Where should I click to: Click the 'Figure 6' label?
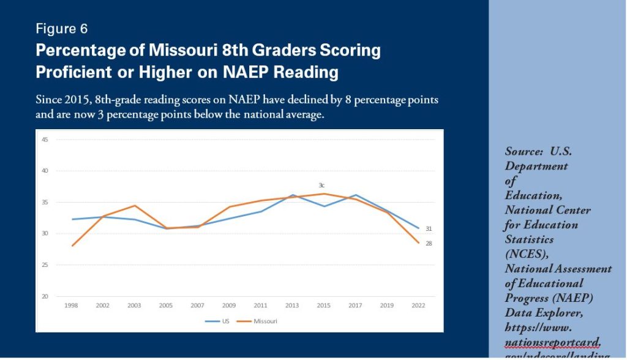[62, 28]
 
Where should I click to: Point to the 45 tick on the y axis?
[45, 140]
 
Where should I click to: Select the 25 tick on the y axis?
[45, 265]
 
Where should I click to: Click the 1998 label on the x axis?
[72, 305]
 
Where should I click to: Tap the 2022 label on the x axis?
[418, 305]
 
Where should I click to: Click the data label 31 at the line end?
[429, 228]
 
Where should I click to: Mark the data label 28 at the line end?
[429, 244]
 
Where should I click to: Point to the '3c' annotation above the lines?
[321, 185]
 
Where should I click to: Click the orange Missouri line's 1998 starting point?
[72, 246]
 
